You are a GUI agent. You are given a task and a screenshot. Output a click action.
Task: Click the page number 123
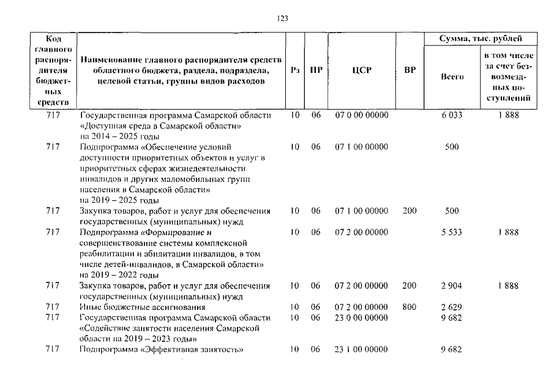coord(282,18)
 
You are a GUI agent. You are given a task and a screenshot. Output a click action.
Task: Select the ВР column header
coord(410,70)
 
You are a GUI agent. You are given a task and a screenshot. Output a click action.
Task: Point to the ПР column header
coord(316,70)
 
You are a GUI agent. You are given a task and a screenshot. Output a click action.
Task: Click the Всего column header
coord(452,77)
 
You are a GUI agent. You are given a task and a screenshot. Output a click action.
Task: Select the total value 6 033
coord(452,115)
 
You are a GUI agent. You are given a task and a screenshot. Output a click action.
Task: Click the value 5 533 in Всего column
coord(452,232)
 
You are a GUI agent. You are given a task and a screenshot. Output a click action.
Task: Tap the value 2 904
coord(452,285)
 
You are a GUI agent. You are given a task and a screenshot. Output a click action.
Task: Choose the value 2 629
coord(452,306)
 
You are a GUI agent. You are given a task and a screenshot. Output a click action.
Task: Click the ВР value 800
coord(410,306)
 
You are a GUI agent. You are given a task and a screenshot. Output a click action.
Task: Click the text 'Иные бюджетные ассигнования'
coord(142,306)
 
